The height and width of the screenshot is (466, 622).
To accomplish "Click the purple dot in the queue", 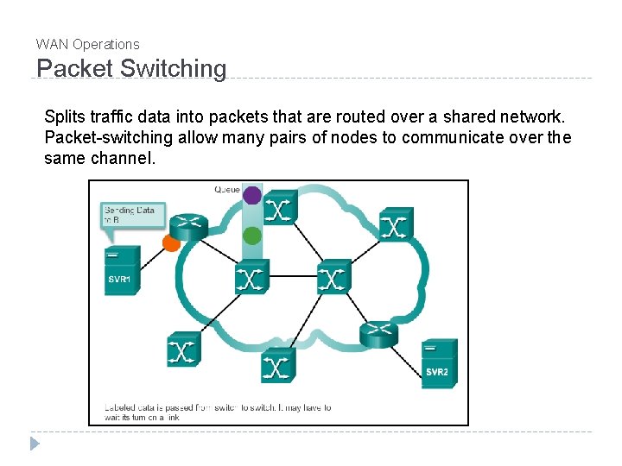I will point(251,195).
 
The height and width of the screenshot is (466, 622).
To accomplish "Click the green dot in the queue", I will point(251,235).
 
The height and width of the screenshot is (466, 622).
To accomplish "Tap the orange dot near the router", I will point(171,243).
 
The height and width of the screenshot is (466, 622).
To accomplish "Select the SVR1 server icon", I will point(122,271).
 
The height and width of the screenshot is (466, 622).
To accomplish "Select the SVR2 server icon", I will point(439,363).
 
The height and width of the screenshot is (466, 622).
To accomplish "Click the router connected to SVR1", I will point(188,224).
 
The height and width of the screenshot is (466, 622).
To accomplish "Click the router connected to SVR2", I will point(379,334).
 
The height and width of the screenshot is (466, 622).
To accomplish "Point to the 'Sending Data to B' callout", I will point(132,214).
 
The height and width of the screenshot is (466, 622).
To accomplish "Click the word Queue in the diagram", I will point(227,188).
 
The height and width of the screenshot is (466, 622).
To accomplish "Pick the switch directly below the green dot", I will point(251,277).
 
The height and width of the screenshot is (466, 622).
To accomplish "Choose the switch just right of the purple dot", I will point(280,207).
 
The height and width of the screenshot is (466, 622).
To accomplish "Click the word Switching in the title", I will point(172,69).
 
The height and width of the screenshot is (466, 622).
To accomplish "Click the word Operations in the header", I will point(105,44).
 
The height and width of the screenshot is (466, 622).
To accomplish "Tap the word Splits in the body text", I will point(63,116).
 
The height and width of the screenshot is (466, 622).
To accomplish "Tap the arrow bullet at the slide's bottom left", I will point(35,444).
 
